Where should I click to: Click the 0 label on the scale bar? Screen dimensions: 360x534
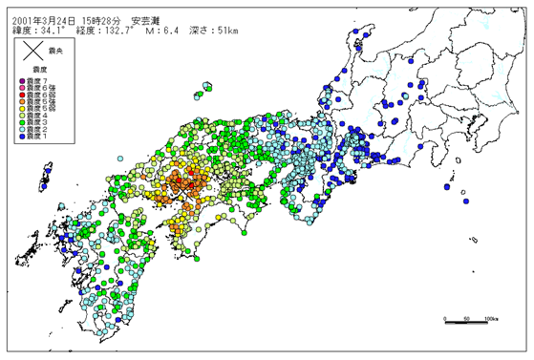click(x=446, y=318)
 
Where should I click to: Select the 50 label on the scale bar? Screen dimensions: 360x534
click(x=466, y=318)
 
